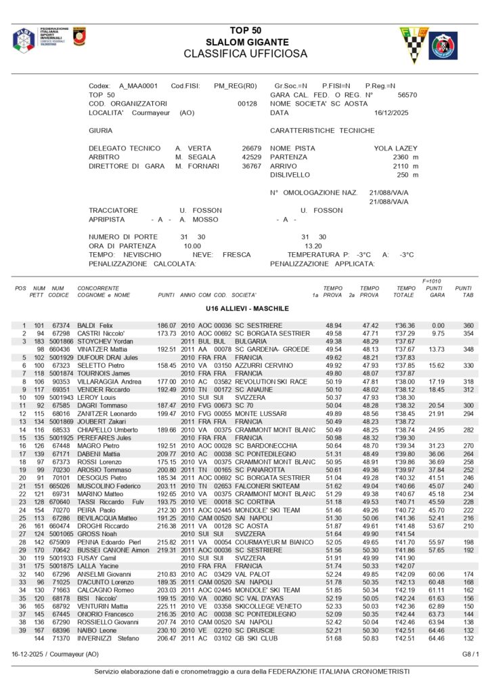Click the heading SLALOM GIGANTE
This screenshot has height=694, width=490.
point(245,42)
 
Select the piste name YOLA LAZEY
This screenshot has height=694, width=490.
point(396,148)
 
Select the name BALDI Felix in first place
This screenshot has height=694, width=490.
point(95,326)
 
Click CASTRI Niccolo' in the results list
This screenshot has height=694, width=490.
point(99,334)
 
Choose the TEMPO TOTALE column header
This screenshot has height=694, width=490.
point(405,292)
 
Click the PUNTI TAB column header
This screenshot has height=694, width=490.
point(464,292)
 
